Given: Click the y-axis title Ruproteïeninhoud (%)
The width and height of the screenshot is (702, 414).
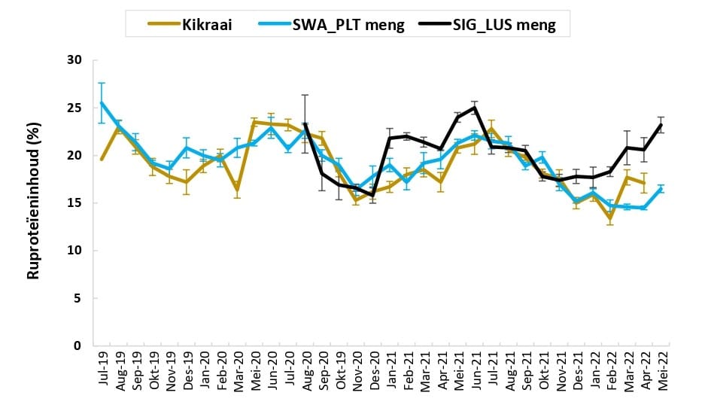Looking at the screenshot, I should pyautogui.click(x=33, y=203).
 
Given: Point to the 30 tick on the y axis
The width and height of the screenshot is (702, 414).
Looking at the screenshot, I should pyautogui.click(x=74, y=60).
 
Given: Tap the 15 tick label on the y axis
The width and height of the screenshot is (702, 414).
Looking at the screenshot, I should pyautogui.click(x=74, y=203).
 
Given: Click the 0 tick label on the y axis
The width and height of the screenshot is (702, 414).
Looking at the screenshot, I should pyautogui.click(x=77, y=346).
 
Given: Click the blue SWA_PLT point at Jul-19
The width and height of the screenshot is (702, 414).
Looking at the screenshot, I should pyautogui.click(x=102, y=103).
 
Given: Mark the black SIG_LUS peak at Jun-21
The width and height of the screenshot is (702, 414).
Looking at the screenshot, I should pyautogui.click(x=475, y=108).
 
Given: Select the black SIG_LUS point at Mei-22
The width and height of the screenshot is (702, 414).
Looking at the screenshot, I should pyautogui.click(x=661, y=125).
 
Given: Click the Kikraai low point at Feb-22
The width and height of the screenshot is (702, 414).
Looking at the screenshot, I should pyautogui.click(x=610, y=218).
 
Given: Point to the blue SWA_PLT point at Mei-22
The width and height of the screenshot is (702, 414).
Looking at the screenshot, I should pyautogui.click(x=661, y=189).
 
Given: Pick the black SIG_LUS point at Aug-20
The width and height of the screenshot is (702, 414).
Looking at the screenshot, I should pyautogui.click(x=305, y=124).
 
